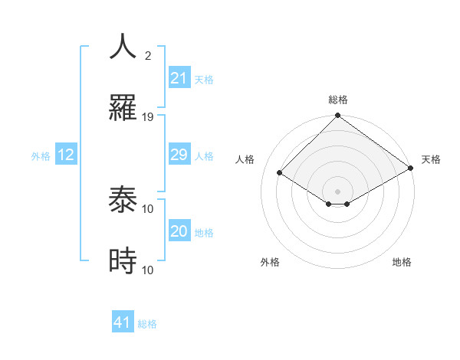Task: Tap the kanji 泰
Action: click(123, 201)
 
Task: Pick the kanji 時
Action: click(123, 261)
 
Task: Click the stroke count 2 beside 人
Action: click(147, 56)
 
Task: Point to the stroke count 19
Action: click(148, 116)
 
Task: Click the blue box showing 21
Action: click(179, 78)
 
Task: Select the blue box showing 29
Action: click(179, 155)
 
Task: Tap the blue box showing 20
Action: click(179, 231)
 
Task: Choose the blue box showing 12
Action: click(66, 155)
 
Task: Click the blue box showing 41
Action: click(123, 322)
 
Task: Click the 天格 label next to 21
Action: click(204, 79)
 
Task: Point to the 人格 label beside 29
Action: click(204, 155)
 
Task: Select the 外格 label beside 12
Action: click(41, 155)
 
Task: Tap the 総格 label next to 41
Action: click(147, 323)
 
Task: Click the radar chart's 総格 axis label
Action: click(338, 100)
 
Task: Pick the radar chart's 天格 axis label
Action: click(431, 159)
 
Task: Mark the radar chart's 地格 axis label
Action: click(402, 262)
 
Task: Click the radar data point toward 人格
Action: click(280, 173)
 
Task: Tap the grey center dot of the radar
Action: click(338, 191)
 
